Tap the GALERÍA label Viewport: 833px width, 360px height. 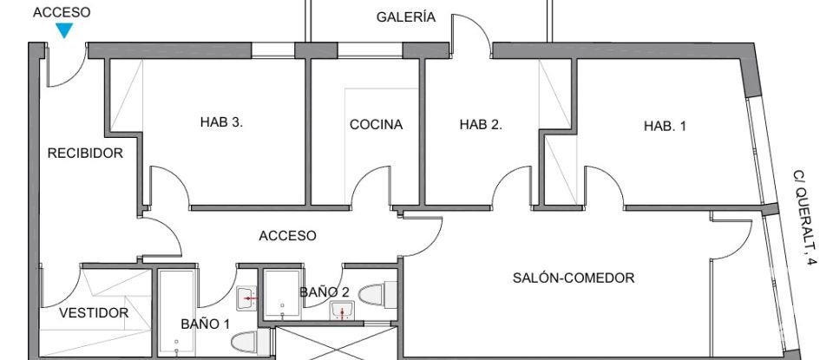tap(405, 17)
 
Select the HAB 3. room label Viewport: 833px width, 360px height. tap(221, 122)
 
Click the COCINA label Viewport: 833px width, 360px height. tap(376, 125)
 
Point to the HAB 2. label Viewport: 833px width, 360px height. tap(481, 125)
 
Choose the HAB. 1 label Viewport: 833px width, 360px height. tap(665, 127)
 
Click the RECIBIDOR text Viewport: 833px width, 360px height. tap(85, 154)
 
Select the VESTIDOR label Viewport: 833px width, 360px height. tap(94, 313)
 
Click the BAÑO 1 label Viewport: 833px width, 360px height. tap(206, 324)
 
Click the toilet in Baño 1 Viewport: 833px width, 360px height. tap(246, 342)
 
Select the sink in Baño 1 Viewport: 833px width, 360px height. tap(246, 298)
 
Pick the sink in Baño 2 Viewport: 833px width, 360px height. tap(342, 312)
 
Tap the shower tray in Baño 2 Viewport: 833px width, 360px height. tap(281, 296)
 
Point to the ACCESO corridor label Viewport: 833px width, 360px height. tap(287, 236)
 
